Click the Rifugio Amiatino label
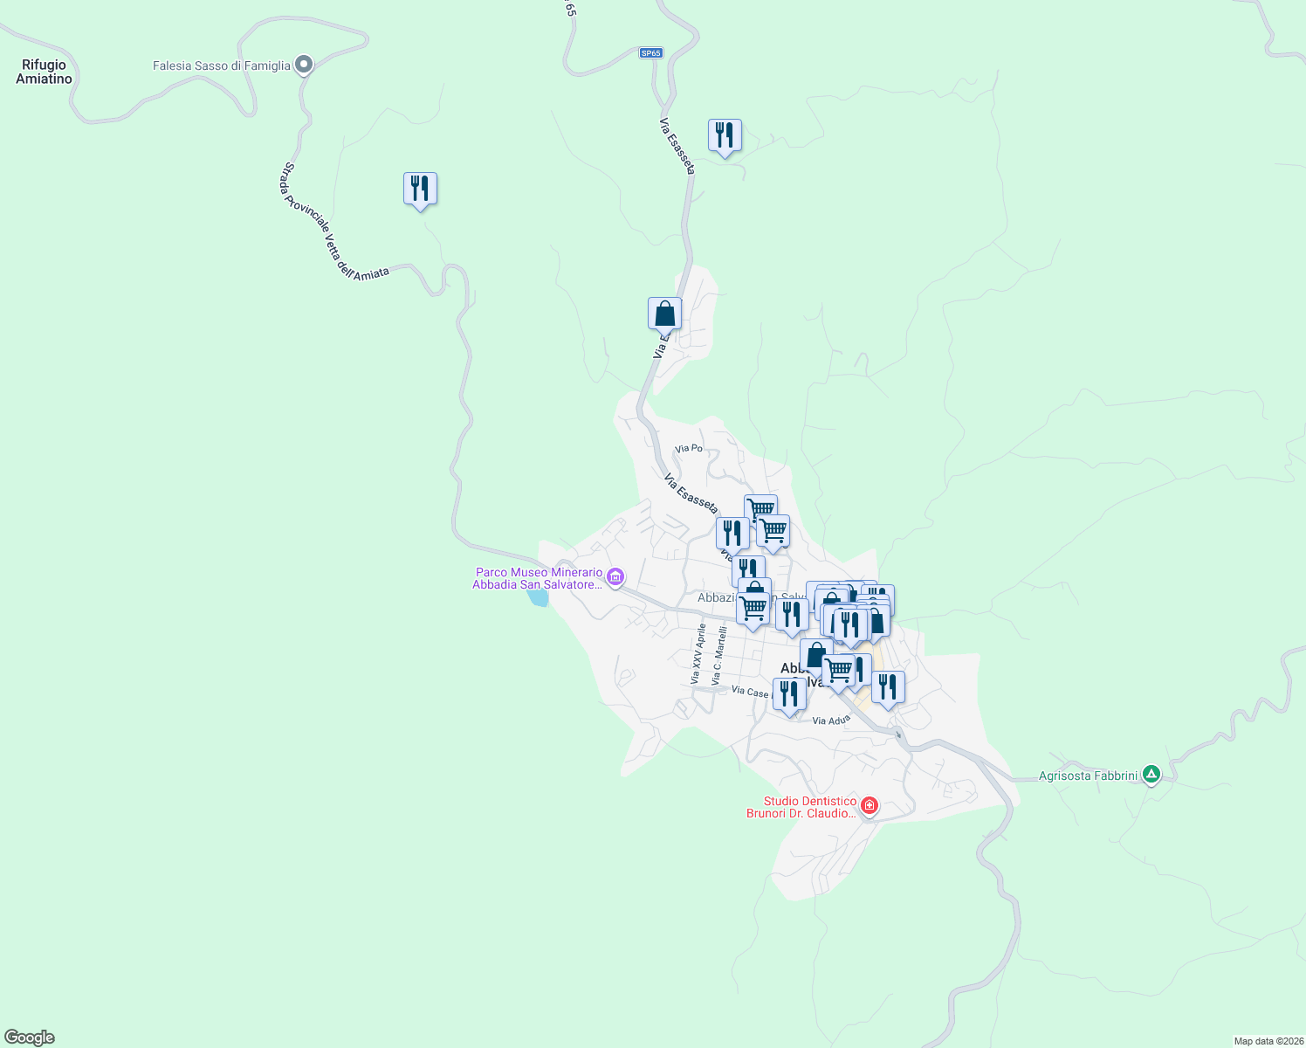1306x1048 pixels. [x=44, y=72]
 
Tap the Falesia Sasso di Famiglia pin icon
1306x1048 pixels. [x=304, y=64]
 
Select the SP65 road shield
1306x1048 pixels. [x=650, y=53]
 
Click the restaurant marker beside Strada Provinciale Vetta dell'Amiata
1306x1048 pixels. [x=420, y=189]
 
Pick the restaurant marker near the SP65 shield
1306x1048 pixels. [x=725, y=135]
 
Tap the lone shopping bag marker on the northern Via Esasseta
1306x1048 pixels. [x=664, y=314]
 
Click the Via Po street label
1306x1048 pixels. [x=689, y=448]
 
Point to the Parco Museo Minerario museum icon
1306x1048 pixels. [x=615, y=576]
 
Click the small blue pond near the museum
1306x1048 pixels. [x=538, y=597]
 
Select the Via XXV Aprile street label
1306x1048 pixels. [x=698, y=654]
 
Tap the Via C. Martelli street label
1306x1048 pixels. [x=718, y=656]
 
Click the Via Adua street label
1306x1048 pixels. [x=830, y=720]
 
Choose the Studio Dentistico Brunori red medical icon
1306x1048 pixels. [x=869, y=805]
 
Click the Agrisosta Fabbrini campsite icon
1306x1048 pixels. [x=1151, y=774]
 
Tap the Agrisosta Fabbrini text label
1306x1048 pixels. [x=1088, y=776]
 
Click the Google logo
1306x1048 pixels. [x=30, y=1038]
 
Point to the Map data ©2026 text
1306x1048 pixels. [x=1268, y=1041]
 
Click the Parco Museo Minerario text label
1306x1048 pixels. [x=538, y=578]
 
